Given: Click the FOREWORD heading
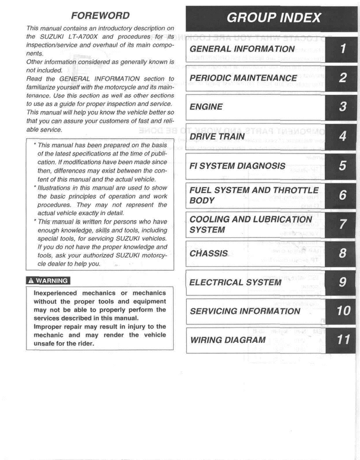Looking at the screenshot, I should (100, 15).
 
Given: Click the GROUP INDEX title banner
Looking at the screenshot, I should (274, 18).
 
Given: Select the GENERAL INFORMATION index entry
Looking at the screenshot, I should (242, 49).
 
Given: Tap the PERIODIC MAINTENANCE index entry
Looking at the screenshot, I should (243, 78).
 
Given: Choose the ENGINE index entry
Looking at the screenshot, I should (207, 107).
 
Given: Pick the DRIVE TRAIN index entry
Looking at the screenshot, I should (217, 136).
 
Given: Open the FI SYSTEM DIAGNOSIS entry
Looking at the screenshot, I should (237, 165).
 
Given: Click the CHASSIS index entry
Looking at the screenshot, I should (209, 253).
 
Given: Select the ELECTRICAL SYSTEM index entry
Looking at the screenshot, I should (235, 282).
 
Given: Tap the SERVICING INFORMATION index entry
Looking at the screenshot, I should (245, 311).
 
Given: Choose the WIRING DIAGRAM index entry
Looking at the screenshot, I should (227, 340).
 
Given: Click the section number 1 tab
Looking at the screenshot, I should (343, 49).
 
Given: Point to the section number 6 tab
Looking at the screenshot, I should (343, 195).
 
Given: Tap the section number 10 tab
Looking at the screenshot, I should (343, 311).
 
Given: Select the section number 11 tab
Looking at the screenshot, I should (343, 340).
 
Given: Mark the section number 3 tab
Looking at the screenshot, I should (343, 107).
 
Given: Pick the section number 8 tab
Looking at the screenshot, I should (343, 253).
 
